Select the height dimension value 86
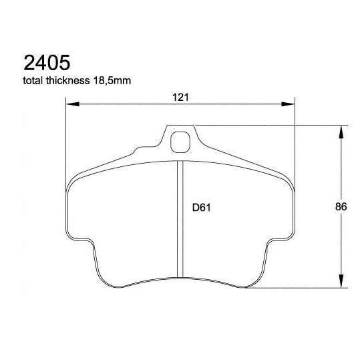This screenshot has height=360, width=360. click(x=341, y=207)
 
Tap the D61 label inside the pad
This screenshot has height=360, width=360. click(x=202, y=208)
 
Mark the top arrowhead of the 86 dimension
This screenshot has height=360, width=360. click(x=341, y=131)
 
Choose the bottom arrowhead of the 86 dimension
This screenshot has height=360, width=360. click(x=341, y=282)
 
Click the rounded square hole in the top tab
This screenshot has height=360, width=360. click(x=180, y=142)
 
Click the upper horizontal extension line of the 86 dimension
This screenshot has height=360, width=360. click(x=267, y=124)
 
